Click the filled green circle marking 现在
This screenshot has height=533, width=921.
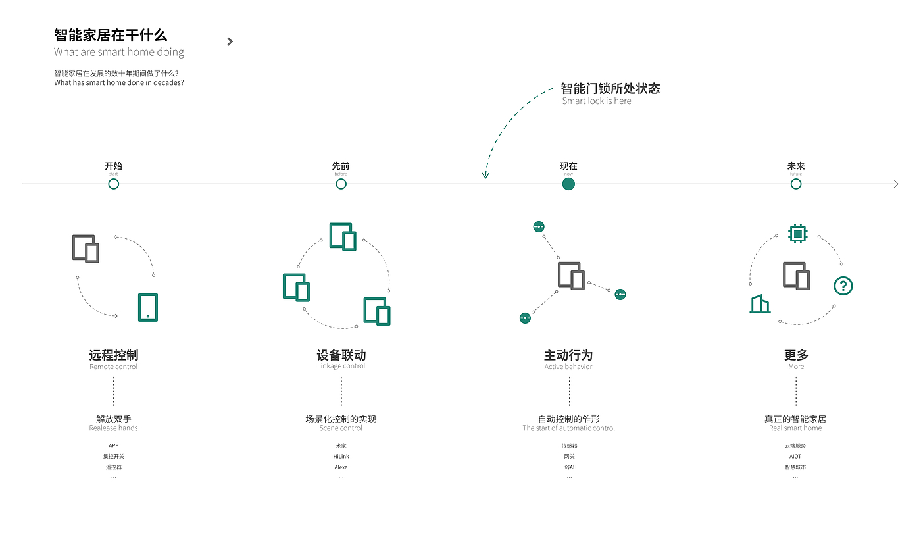click(x=568, y=184)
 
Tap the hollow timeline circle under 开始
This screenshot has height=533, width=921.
click(x=113, y=184)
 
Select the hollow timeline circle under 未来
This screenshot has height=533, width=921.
click(x=796, y=184)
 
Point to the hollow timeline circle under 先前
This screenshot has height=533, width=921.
click(x=341, y=184)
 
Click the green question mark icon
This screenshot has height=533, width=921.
click(x=843, y=286)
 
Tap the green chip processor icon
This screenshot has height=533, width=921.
click(x=797, y=233)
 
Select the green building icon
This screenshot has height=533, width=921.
click(x=760, y=303)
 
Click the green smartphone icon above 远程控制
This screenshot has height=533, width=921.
click(x=148, y=307)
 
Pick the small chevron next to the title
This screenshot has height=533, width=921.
click(x=230, y=41)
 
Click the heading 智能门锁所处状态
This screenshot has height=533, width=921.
click(x=610, y=88)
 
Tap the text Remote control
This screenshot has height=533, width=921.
click(x=113, y=367)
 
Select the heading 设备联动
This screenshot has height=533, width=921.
click(x=341, y=355)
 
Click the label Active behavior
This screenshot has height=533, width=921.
click(x=568, y=367)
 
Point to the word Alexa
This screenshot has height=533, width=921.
click(x=341, y=467)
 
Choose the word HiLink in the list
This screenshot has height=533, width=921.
click(x=341, y=457)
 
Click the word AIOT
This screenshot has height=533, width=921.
click(x=795, y=457)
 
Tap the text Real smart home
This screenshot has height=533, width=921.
click(x=795, y=428)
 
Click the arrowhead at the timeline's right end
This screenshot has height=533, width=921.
click(x=895, y=184)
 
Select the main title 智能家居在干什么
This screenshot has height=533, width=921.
click(x=111, y=35)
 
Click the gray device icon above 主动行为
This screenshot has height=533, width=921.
click(x=571, y=276)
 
